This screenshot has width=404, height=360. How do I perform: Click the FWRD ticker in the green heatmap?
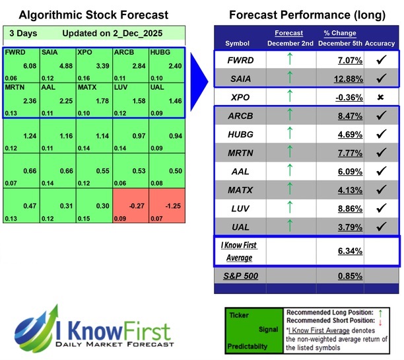pos(15,52)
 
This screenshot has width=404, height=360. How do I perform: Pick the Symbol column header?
pos(238,43)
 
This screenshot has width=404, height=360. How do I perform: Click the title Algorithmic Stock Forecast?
pos(84,15)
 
